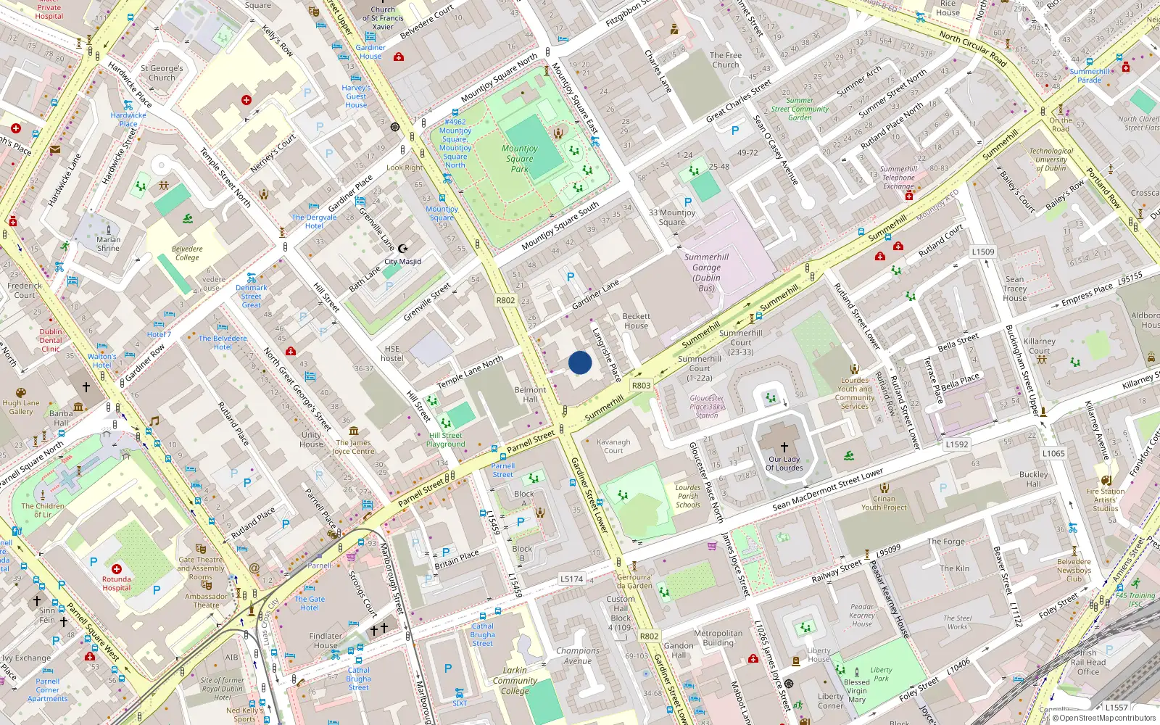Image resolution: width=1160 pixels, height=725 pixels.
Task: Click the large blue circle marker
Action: point(580,362)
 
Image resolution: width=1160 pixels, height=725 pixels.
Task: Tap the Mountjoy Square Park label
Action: point(520,158)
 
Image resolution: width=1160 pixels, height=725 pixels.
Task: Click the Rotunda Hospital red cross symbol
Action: point(117,569)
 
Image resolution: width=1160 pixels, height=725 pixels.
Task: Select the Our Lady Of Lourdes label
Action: point(784,463)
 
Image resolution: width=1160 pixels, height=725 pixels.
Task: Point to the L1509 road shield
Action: point(983,252)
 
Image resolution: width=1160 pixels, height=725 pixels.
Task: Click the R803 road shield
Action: point(641,385)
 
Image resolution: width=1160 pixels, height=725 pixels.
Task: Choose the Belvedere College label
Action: point(187,253)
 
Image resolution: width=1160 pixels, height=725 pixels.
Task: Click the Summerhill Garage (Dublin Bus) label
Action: point(706,272)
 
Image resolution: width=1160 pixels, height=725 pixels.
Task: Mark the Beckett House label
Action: point(637,320)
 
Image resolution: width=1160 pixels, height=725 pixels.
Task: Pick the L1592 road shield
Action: point(956,444)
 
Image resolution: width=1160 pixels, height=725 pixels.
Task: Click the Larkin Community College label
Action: point(515,680)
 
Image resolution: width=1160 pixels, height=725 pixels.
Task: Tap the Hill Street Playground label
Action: point(446,440)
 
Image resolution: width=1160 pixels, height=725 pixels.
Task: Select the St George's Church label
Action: point(162,72)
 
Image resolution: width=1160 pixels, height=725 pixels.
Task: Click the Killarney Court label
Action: point(1039,346)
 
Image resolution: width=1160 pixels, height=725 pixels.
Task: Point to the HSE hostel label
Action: point(392,353)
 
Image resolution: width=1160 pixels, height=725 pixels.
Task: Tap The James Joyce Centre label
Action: point(353,447)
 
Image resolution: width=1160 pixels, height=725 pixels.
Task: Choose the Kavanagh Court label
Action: point(613,446)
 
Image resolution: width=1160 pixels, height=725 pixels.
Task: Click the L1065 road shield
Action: point(1053,453)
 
